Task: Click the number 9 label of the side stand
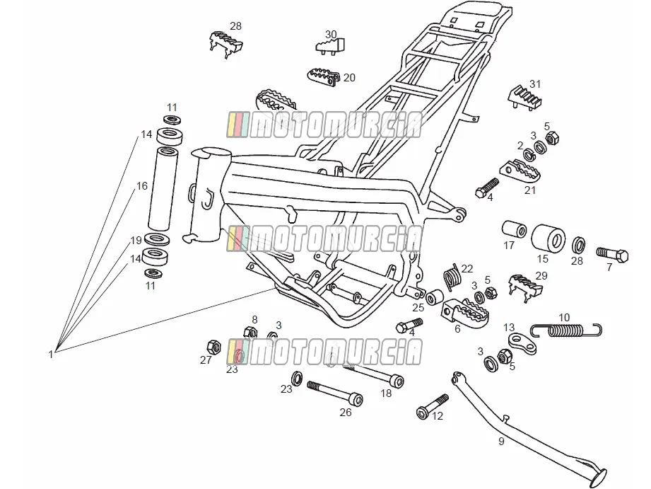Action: pyautogui.click(x=501, y=441)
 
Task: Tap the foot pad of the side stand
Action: pyautogui.click(x=598, y=478)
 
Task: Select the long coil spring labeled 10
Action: pyautogui.click(x=566, y=330)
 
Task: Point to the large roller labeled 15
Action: pyautogui.click(x=548, y=238)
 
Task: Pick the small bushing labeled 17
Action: pyautogui.click(x=514, y=229)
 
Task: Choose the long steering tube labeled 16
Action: pyautogui.click(x=163, y=188)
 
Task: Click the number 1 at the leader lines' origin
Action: pyautogui.click(x=51, y=355)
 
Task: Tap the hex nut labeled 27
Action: pyautogui.click(x=213, y=346)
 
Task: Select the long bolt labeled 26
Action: pyautogui.click(x=335, y=392)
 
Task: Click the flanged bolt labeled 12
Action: pyautogui.click(x=432, y=407)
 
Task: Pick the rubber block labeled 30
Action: pyautogui.click(x=331, y=45)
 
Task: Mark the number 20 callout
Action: pyautogui.click(x=349, y=77)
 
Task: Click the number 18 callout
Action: pyautogui.click(x=386, y=393)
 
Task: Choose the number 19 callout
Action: pyautogui.click(x=136, y=241)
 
